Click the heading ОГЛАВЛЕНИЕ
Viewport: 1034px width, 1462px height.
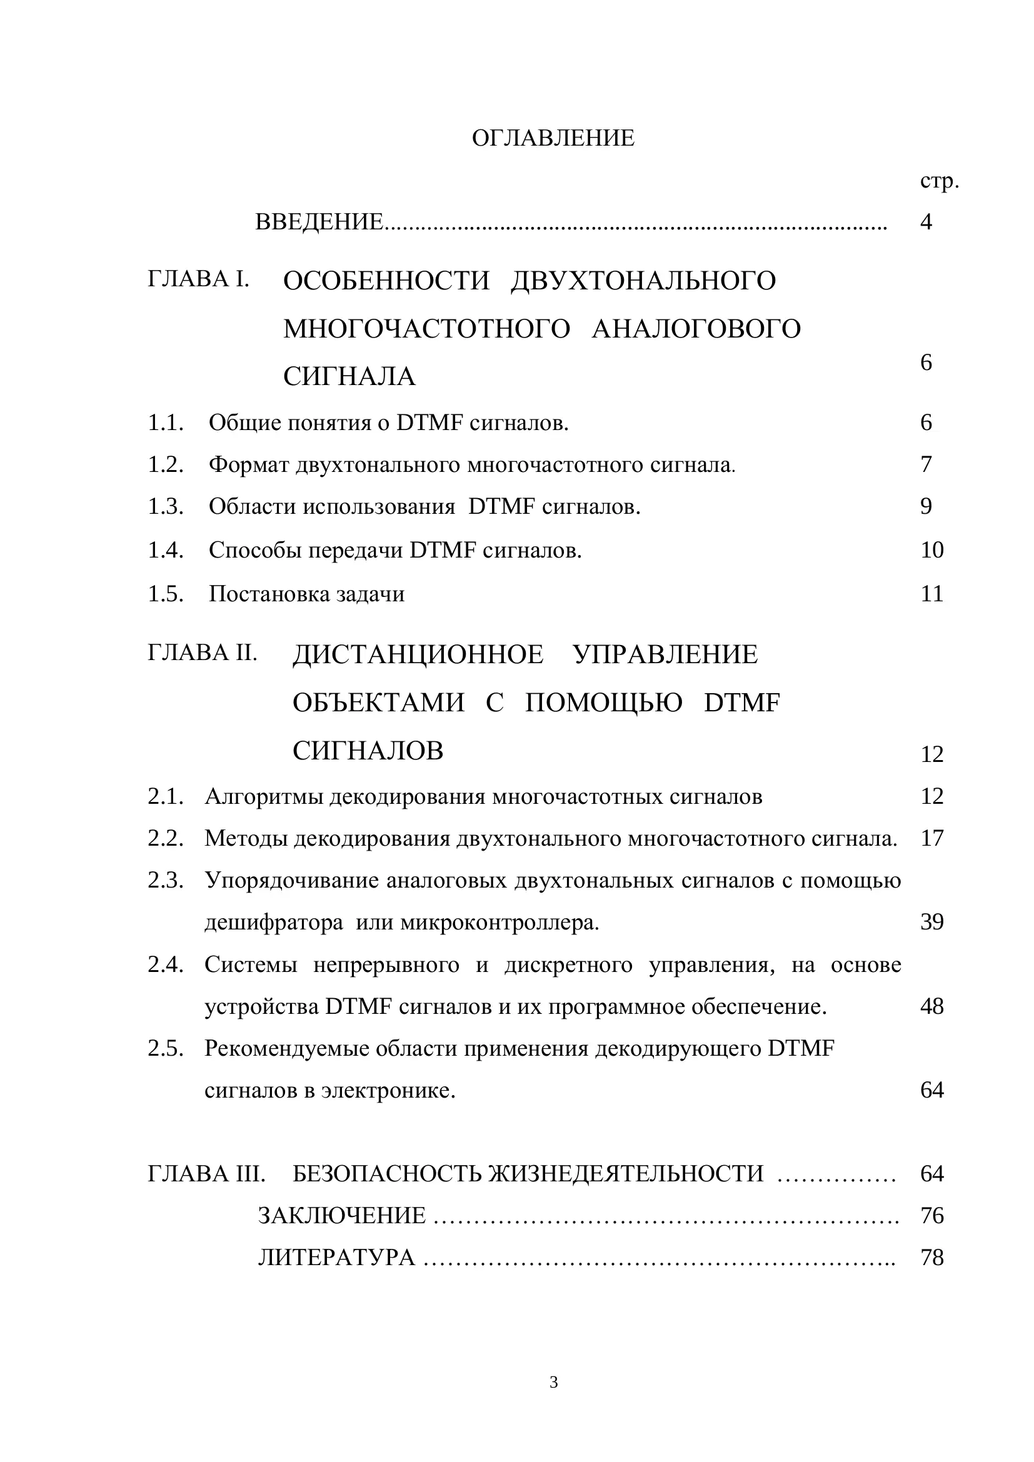coord(553,138)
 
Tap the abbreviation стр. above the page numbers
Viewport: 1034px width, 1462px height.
coord(939,181)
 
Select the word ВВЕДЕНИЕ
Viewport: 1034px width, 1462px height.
coord(319,223)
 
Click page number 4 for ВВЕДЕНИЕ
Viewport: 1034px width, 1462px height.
coord(926,223)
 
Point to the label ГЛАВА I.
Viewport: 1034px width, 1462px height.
coord(199,279)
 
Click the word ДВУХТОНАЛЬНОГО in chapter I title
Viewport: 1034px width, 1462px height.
coord(643,281)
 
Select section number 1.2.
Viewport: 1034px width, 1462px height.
coord(166,465)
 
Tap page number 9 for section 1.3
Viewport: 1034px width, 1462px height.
coord(926,507)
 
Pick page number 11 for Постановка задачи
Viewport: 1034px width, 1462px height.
coord(931,594)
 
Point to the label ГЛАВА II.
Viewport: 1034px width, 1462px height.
coord(203,653)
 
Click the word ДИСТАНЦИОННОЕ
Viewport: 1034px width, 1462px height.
coord(418,654)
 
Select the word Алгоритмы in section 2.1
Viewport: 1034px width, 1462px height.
coord(264,796)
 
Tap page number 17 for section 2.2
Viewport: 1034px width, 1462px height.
coord(931,839)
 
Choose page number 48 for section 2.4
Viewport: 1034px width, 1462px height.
coord(931,1007)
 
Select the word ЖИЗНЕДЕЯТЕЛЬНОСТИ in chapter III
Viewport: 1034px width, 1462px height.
coord(626,1174)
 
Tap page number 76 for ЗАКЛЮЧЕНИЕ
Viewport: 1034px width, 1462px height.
coord(931,1216)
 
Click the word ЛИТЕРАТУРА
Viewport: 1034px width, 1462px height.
coord(336,1258)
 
